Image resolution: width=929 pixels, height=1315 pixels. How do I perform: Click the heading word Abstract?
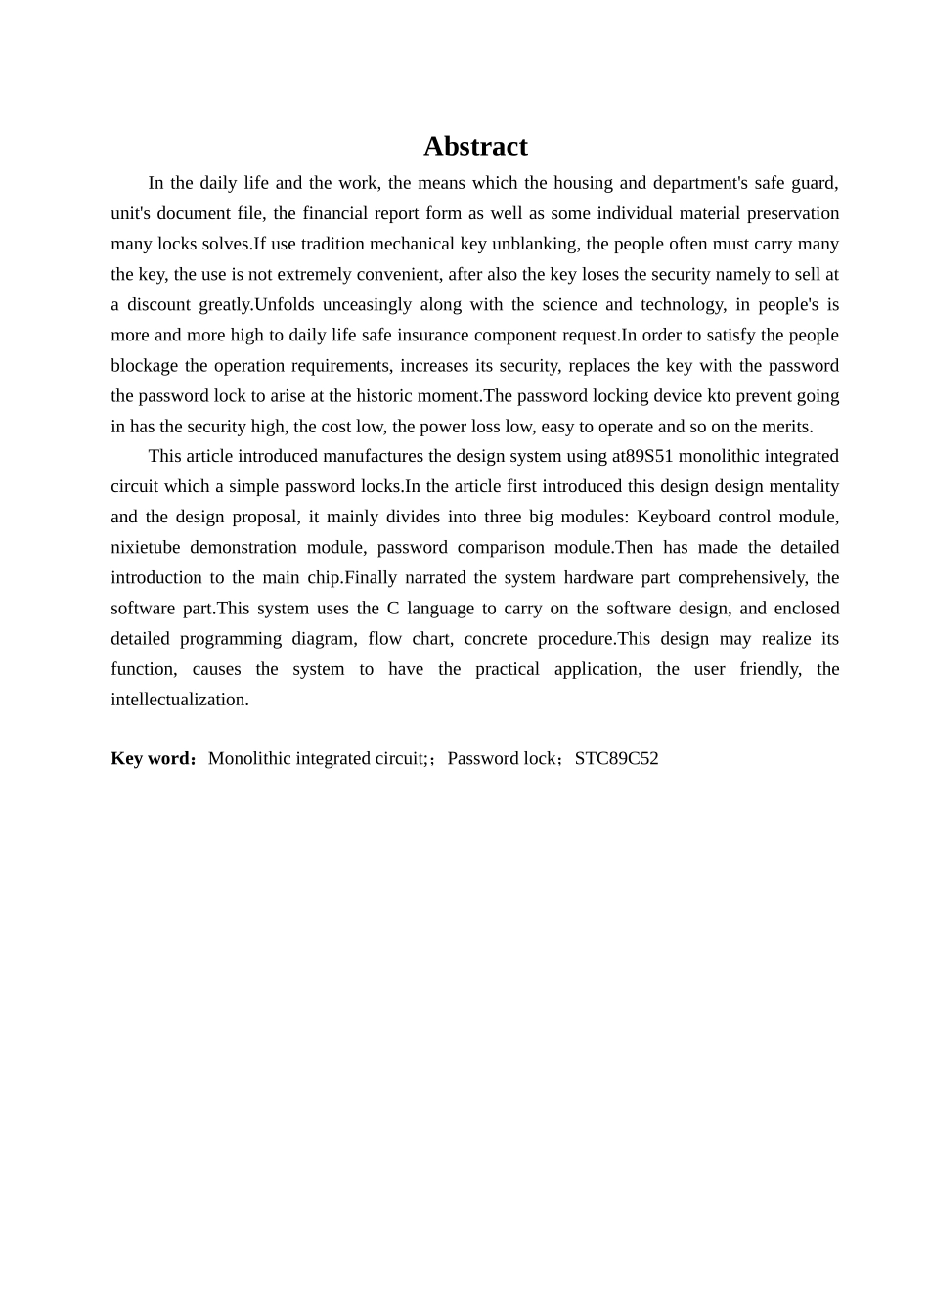tap(475, 147)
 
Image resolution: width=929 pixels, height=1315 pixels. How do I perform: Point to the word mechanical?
tap(364, 244)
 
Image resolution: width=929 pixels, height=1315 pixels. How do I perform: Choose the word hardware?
tap(598, 577)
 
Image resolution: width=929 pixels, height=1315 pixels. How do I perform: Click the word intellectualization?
tap(180, 699)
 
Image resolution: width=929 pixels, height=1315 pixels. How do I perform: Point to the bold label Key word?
tap(153, 758)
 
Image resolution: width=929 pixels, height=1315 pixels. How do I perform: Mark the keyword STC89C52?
tap(616, 758)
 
